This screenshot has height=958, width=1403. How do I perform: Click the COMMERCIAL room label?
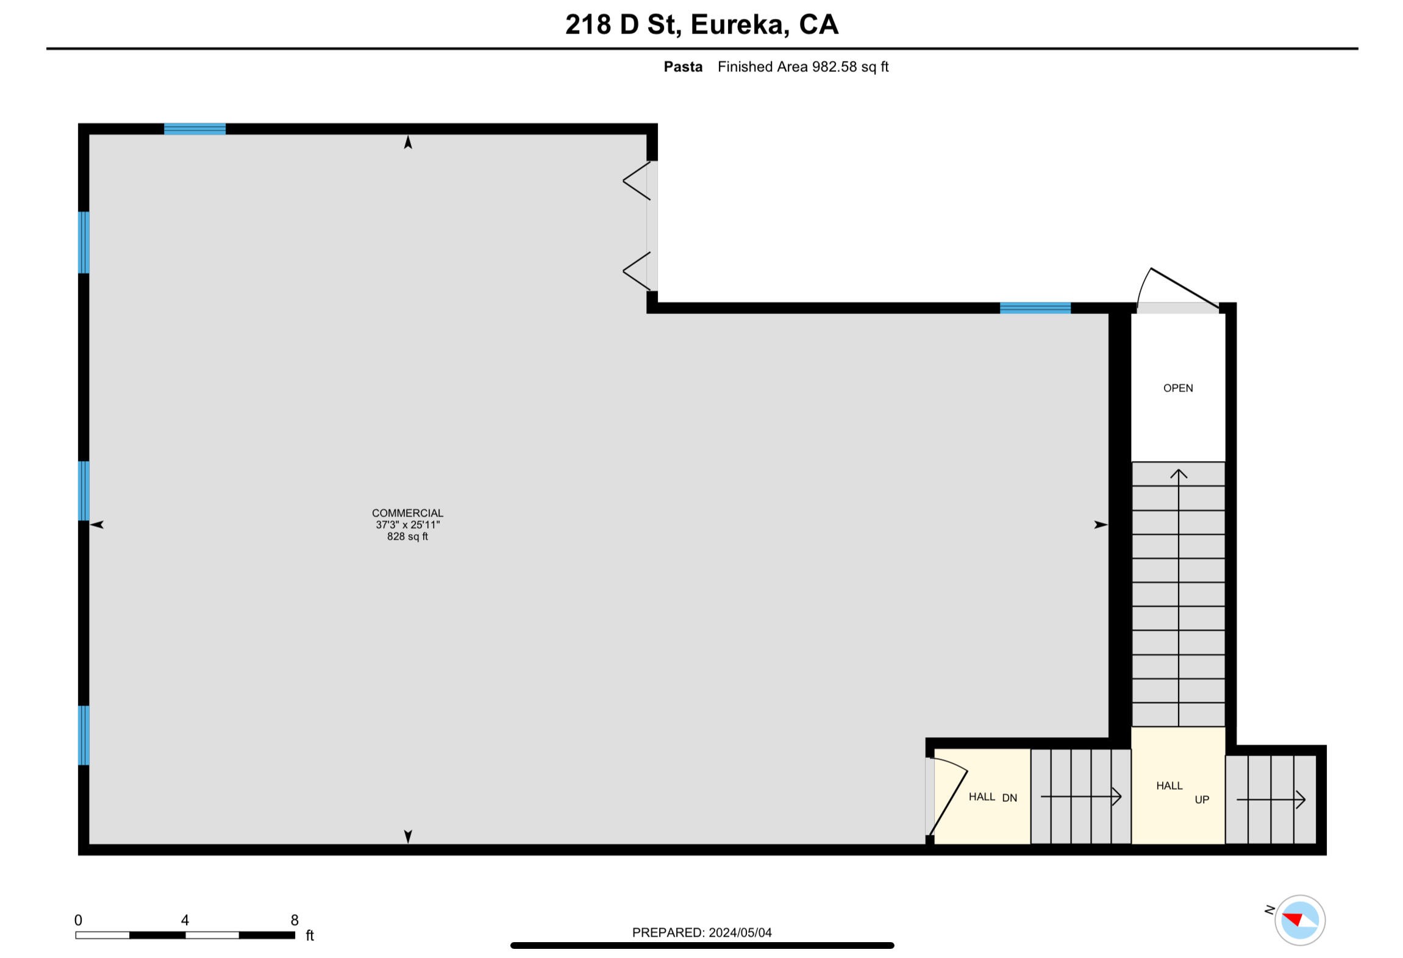[407, 513]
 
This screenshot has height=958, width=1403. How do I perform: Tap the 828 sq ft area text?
[407, 537]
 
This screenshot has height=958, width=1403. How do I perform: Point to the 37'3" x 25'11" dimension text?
[407, 524]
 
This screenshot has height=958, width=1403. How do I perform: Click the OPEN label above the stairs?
[1178, 388]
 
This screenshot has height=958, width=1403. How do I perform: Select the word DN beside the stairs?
[1010, 798]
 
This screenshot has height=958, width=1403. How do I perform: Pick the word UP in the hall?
[1202, 799]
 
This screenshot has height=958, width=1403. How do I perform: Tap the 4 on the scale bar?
[185, 920]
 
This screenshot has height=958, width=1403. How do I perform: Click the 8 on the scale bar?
[295, 920]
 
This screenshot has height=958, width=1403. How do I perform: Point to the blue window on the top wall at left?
[195, 129]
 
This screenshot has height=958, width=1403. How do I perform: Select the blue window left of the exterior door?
[1035, 308]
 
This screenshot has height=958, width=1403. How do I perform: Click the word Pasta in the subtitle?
[683, 67]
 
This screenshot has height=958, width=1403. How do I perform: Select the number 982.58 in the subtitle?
[834, 67]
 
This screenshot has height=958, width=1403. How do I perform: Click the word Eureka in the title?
[737, 25]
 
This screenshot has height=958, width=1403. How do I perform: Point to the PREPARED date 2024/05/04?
[740, 932]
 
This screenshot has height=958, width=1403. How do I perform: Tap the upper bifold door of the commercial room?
[638, 181]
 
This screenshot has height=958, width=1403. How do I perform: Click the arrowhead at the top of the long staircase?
[1179, 474]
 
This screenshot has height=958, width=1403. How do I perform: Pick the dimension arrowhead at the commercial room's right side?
[1101, 524]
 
